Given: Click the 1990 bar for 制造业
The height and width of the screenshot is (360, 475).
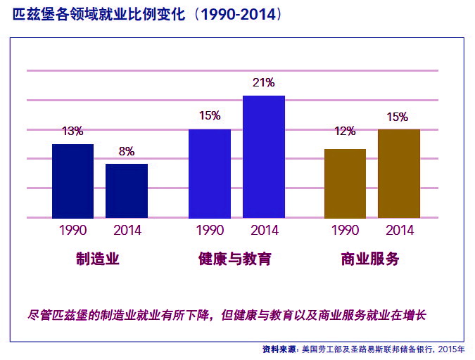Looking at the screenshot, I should coord(72,181).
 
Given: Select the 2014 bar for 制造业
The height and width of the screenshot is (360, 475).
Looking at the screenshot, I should coord(127,191).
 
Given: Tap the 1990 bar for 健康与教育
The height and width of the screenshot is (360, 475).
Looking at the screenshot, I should coord(210,173).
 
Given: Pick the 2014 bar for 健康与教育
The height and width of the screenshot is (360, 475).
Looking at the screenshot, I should coord(264,156).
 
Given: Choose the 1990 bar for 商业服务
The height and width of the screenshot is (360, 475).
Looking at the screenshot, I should coord(345,183).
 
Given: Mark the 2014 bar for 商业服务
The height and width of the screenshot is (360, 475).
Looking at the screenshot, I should coord(399,173).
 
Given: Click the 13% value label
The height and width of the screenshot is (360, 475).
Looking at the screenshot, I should coord(72,131).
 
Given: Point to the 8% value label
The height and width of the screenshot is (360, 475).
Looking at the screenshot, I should coord(127,150).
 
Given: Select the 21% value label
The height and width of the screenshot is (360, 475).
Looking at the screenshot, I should coord(264,82).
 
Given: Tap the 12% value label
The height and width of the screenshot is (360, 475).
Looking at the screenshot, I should coord(345,131).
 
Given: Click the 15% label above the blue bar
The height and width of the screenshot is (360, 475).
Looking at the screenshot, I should coord(210,115).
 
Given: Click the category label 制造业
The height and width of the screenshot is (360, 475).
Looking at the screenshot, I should coord(98,259).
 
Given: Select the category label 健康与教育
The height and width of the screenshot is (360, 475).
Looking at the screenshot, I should coord(235,259).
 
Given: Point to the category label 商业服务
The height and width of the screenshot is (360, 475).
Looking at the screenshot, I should coord(370,259).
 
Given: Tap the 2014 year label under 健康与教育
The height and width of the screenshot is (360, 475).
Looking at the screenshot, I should coord(265,230).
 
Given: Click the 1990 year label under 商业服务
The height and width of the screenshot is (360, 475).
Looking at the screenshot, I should coord(345,230).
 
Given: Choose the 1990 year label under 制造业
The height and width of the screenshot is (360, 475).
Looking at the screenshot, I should coord(72,230).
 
